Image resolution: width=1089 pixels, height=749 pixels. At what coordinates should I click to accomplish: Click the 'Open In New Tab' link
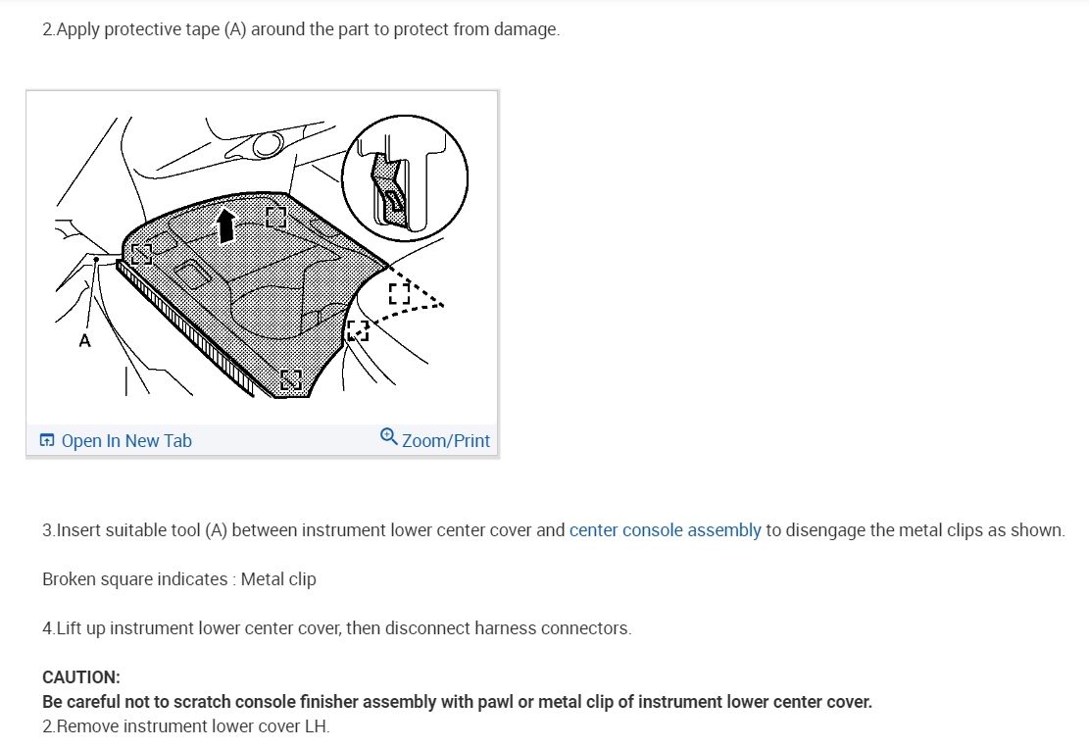[126, 441]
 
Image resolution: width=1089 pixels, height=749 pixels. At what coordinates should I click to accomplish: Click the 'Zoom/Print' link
[445, 441]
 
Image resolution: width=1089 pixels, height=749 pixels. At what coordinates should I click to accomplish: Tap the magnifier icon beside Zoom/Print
[388, 436]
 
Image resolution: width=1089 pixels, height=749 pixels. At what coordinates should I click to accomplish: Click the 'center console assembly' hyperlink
[665, 530]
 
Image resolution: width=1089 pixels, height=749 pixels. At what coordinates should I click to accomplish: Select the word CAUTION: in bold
[81, 677]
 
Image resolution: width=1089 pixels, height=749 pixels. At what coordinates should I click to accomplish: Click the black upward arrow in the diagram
[226, 224]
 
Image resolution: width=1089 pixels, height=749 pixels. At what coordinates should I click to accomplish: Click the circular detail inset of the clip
[405, 176]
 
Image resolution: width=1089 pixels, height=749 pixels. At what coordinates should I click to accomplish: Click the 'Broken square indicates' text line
[135, 579]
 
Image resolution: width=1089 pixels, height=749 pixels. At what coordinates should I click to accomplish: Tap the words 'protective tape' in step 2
[151, 29]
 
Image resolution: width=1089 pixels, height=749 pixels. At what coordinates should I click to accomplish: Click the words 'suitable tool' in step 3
[152, 530]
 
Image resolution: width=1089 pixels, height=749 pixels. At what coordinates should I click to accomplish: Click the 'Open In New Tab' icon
[47, 441]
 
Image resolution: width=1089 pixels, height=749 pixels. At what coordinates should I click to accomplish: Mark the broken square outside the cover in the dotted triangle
[399, 293]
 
